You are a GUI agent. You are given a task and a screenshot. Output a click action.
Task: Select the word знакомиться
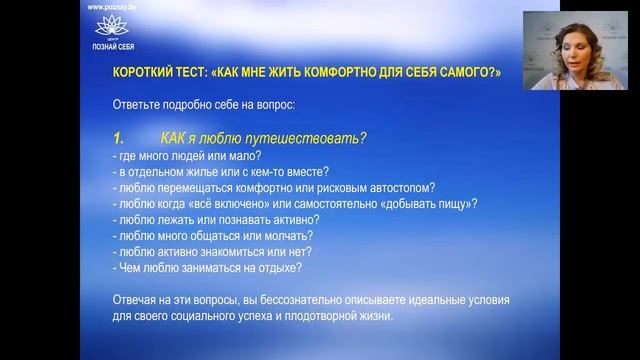click(239, 251)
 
